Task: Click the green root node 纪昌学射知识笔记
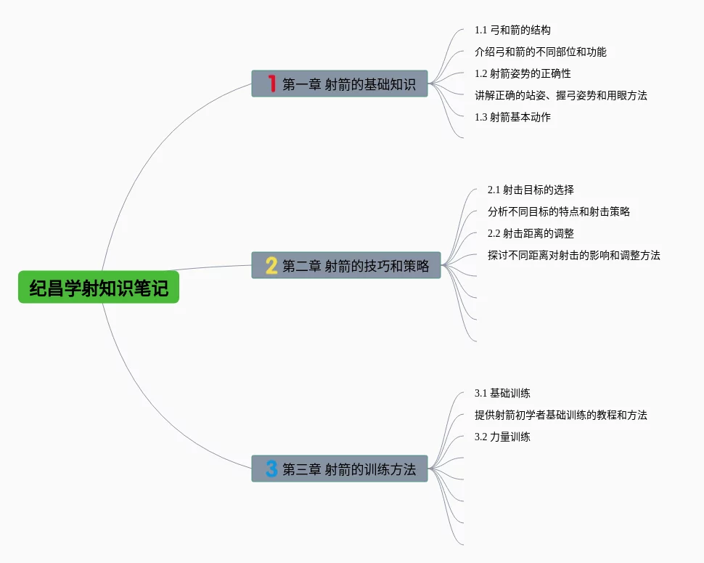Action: click(99, 288)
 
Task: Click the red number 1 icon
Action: click(271, 84)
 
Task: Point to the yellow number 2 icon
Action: click(271, 265)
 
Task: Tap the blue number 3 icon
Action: click(271, 469)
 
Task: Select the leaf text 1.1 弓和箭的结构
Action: click(512, 31)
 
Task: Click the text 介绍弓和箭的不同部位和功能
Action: click(540, 52)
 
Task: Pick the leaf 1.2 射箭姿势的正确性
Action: click(523, 74)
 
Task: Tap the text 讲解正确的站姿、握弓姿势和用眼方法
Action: click(560, 96)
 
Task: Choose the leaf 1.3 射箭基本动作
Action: click(512, 117)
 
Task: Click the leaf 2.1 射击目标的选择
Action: click(531, 190)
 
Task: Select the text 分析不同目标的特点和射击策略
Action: click(558, 212)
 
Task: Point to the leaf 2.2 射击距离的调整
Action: click(531, 234)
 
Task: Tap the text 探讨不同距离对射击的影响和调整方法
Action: click(573, 256)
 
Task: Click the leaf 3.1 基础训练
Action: click(502, 394)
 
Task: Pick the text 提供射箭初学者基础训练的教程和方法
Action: click(560, 416)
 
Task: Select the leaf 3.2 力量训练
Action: click(502, 437)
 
